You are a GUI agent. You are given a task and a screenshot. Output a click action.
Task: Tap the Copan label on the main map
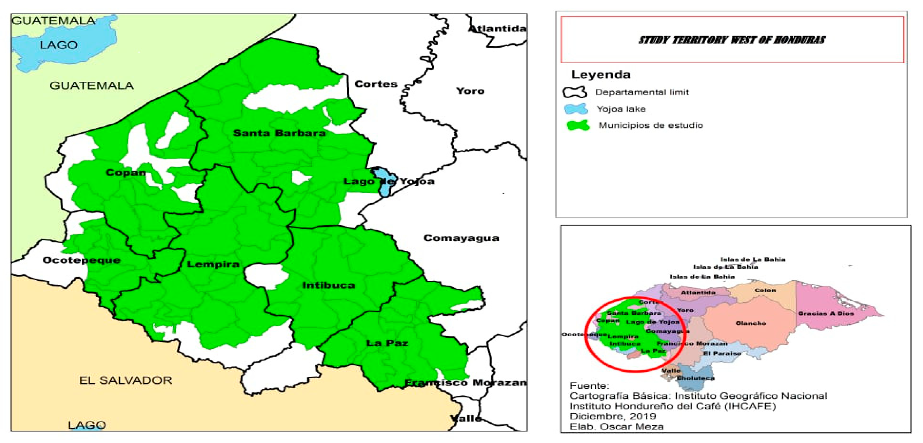coord(125,173)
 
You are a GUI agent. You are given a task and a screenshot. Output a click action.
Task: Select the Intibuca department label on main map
coord(329,285)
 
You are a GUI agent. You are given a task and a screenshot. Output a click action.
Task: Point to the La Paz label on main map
coord(387,343)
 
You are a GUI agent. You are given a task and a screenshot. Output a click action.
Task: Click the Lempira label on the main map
coord(213,265)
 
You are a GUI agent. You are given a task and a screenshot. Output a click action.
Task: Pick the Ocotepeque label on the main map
coord(81,260)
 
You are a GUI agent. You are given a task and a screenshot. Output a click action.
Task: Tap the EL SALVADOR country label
coord(125,380)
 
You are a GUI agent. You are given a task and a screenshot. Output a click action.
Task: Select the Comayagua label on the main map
coord(461,238)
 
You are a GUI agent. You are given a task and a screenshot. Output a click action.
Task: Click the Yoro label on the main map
coord(470,91)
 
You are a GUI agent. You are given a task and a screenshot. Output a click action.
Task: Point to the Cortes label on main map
coord(376,84)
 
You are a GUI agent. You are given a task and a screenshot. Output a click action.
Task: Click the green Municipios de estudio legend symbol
coord(578,125)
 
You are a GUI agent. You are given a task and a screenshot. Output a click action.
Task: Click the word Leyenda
coord(600,75)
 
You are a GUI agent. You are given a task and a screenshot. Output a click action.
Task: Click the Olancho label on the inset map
coord(751,323)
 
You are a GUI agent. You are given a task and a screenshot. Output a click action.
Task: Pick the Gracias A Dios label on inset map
coord(826,313)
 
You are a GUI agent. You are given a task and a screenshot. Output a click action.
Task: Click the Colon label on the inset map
coord(765,291)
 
